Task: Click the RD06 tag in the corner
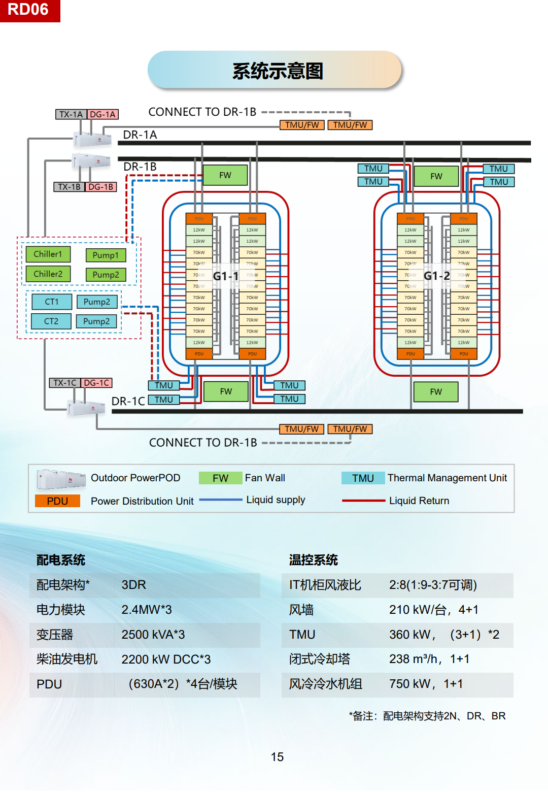(29, 10)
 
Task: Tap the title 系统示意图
(277, 71)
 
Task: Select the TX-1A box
(71, 114)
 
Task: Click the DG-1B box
(100, 187)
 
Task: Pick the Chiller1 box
(48, 254)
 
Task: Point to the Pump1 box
(106, 255)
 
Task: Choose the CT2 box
(51, 321)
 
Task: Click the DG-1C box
(96, 383)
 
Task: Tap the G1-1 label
(225, 276)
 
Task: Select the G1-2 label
(436, 276)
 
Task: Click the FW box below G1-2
(436, 391)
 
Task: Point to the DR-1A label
(140, 135)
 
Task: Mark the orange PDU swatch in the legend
(57, 501)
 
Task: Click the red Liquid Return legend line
(364, 501)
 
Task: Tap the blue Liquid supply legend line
(221, 500)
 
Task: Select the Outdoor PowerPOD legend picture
(61, 478)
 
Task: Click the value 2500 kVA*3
(153, 635)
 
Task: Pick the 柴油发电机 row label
(67, 659)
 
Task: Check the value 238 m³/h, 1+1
(429, 659)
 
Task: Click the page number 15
(277, 757)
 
